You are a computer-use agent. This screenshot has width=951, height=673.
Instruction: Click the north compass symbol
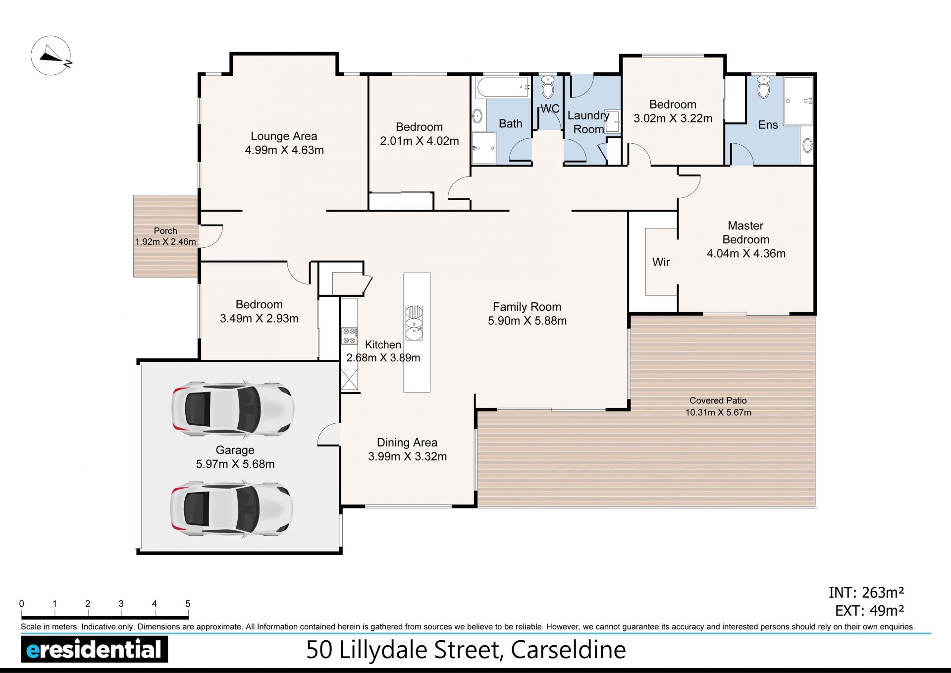(x=51, y=56)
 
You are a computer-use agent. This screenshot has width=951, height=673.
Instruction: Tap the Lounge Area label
(x=284, y=136)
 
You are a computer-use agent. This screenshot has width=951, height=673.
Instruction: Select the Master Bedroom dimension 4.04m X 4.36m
(x=746, y=254)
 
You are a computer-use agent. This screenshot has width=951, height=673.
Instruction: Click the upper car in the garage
(x=233, y=409)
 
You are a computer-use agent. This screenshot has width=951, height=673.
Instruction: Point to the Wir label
(x=661, y=262)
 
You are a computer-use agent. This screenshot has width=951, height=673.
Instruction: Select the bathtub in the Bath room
(x=503, y=87)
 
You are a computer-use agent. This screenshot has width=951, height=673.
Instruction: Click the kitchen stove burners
(x=349, y=336)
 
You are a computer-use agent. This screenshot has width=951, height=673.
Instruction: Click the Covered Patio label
(x=718, y=400)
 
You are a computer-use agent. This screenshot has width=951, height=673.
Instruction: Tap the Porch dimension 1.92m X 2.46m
(x=165, y=242)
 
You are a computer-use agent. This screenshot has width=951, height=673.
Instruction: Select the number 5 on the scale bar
(x=188, y=604)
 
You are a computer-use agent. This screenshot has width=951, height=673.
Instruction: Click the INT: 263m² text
(x=866, y=593)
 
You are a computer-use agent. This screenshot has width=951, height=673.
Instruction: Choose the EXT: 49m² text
(x=870, y=611)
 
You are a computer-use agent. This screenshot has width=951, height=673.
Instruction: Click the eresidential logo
(x=95, y=649)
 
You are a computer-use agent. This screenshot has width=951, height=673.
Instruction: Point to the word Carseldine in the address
(x=568, y=650)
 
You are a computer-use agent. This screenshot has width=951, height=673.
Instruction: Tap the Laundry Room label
(x=588, y=122)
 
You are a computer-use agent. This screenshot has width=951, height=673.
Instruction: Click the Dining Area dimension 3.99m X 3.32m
(x=407, y=457)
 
